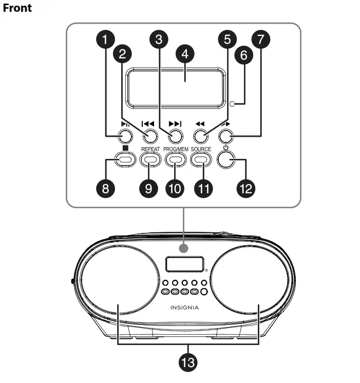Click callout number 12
click(x=246, y=188)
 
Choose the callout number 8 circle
click(x=106, y=188)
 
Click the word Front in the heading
click(x=17, y=8)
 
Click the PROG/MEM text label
click(x=175, y=149)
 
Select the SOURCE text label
click(x=201, y=149)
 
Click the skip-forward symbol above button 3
click(x=175, y=124)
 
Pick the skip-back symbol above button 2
click(x=149, y=124)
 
